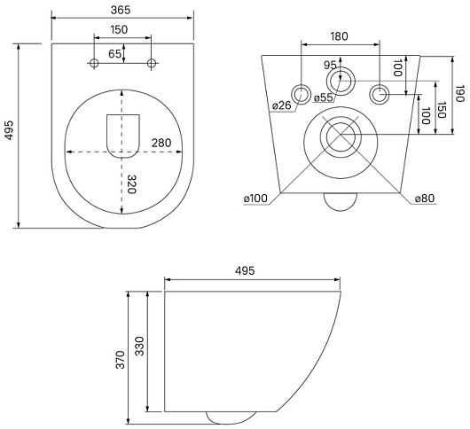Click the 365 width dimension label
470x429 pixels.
121,10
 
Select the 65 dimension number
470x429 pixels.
114,54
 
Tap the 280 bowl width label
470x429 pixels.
161,143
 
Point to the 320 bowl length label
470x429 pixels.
131,184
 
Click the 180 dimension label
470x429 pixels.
340,36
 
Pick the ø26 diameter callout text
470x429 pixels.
282,105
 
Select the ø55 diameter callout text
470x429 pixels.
324,97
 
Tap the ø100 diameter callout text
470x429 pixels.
255,198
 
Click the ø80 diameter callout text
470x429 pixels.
425,198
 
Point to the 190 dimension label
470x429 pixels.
459,94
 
